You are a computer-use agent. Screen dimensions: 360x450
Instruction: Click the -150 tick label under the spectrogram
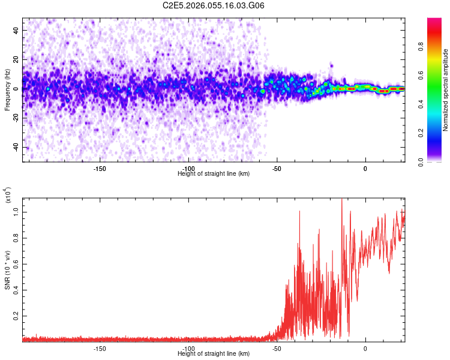point(100,169)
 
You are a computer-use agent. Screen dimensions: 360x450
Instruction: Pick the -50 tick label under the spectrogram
point(277,169)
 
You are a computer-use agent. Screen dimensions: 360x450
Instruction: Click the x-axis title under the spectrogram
point(214,174)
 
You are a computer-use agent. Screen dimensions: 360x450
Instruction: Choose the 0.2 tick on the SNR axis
point(16,315)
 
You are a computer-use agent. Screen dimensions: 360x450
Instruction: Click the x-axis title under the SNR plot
point(214,354)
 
